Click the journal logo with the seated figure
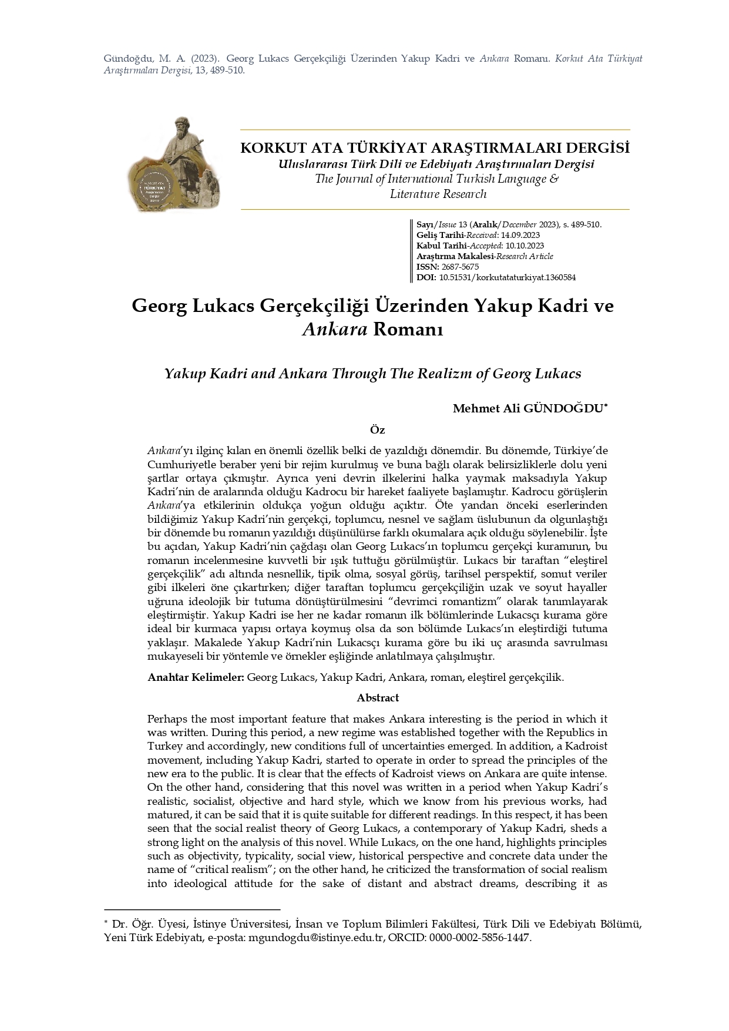[x=174, y=165]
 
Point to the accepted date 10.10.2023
[x=524, y=246]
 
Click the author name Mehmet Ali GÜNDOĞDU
[x=528, y=408]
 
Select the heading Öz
[x=377, y=430]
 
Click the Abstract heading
[x=378, y=698]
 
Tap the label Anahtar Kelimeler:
[x=196, y=677]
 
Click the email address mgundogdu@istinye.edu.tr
[x=316, y=938]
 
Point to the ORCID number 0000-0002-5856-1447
[x=479, y=938]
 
